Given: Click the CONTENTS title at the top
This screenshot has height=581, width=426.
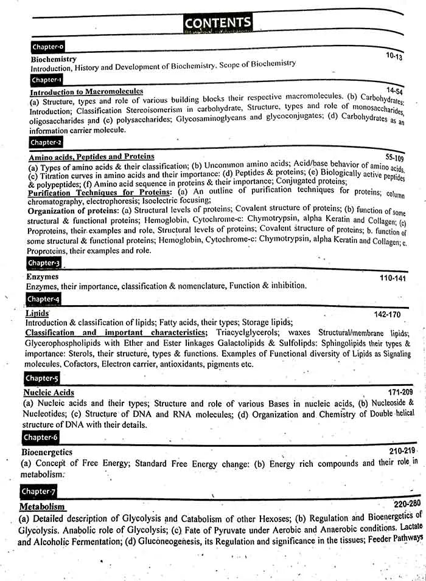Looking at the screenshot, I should [x=217, y=23].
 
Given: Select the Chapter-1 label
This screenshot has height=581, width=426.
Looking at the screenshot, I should [x=46, y=80].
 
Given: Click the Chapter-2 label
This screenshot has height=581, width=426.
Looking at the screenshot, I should [x=46, y=142].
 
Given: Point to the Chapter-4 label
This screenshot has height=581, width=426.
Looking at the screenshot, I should [x=43, y=299].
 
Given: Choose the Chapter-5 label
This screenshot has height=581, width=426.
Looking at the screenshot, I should [x=42, y=379].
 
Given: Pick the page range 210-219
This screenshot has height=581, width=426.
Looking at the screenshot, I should [x=402, y=451].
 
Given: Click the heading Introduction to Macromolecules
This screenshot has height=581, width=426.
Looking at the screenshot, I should [x=86, y=92].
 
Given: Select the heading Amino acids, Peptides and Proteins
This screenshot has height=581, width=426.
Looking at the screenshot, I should [x=91, y=157].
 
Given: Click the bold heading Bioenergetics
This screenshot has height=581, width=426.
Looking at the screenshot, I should [x=47, y=452].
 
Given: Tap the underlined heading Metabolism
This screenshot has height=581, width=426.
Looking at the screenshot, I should [x=43, y=506].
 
